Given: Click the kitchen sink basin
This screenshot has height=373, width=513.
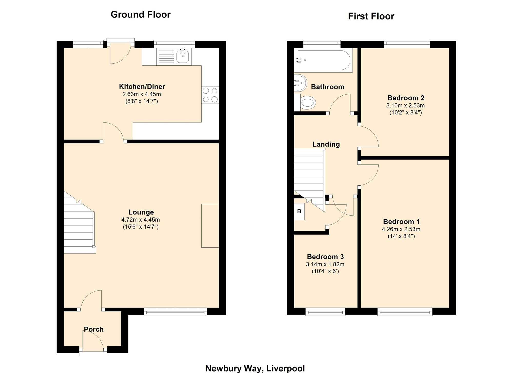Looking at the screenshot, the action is coord(183,56).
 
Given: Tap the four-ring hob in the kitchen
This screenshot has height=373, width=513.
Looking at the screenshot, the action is coord(210,95).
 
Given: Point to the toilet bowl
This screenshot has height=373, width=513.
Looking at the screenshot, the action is coord(308,103).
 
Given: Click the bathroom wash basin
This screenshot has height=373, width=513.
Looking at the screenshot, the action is coord(300,83).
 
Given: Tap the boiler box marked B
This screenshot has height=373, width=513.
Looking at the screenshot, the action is coord(299,211).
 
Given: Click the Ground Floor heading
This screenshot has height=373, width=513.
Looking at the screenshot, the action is coord(141,15).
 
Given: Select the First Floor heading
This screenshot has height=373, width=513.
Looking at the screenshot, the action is coord(371,16).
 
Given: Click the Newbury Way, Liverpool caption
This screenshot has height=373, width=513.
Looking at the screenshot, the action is coord(255,368).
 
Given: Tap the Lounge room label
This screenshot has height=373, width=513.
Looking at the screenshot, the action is coord(141,212).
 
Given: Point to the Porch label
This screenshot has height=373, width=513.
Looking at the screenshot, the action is coord(94,329).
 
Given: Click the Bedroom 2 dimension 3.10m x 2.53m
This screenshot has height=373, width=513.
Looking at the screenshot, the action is coord(406,105).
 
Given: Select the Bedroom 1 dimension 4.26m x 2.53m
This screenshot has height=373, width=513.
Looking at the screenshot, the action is coord(401,229).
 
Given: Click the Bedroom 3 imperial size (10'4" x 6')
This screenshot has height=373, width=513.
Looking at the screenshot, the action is coord(325,271).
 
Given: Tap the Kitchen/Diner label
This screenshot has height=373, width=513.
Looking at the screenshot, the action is coord(142,87).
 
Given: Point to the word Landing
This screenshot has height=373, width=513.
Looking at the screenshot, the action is coord(326,144).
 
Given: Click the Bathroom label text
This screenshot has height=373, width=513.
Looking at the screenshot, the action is coord(328,87).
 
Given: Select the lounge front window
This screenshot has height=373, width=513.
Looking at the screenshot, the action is coord(175,312).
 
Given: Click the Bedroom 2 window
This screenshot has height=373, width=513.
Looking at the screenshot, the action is coord(407,44).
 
